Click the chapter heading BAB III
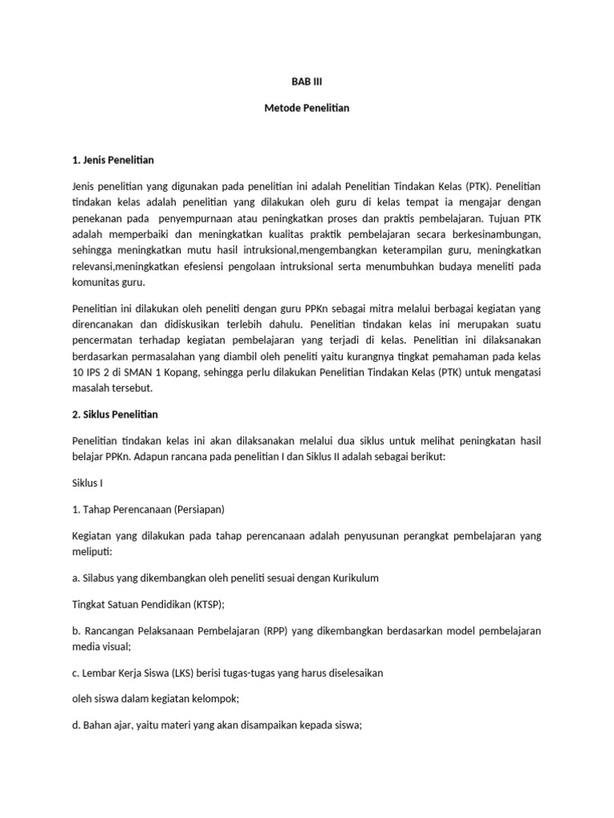click(307, 81)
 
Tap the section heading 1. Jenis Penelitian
click(113, 161)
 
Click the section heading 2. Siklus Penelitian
click(116, 415)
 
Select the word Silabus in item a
click(100, 578)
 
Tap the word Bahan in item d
click(99, 725)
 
